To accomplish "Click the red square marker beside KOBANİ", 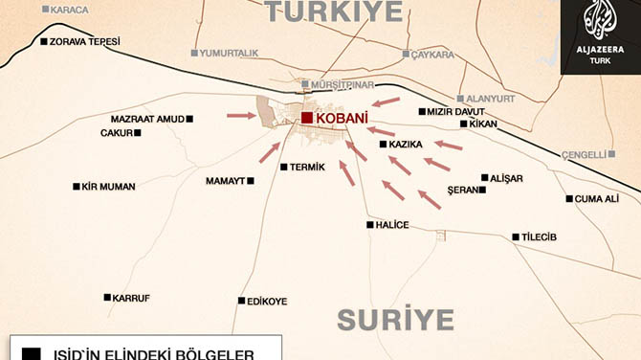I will [306, 118].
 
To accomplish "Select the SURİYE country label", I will [394, 320].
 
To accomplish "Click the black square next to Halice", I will [370, 225].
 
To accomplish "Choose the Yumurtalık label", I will [232, 54].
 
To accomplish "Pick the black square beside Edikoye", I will [239, 301].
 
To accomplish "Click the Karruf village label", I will [131, 298].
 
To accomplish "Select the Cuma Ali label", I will [597, 199].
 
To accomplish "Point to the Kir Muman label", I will [108, 187].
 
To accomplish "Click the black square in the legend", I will [33, 352].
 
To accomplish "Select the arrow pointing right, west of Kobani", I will [242, 116].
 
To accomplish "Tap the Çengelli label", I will [583, 153].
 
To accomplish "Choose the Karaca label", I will [68, 10].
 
